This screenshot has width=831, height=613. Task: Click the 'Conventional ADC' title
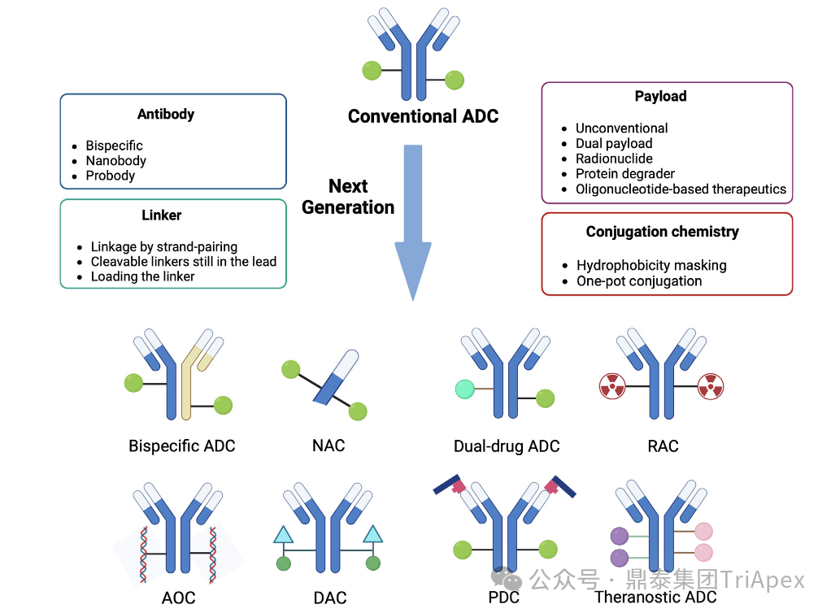coord(423,116)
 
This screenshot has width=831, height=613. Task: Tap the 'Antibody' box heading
coord(166,114)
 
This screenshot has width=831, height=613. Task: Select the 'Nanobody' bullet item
coord(115,160)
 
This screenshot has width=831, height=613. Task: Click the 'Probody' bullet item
coord(111,176)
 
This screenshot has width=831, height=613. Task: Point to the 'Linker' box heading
coord(162,215)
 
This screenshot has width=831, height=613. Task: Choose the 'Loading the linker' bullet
coord(142,276)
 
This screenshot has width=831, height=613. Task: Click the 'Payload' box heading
coord(660,96)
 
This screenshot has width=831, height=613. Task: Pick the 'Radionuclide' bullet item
coord(614,159)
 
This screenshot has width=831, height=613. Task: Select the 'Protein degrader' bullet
coord(625,173)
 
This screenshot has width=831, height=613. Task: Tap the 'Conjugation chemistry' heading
coord(662,232)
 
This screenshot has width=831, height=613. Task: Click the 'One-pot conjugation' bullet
coord(639,281)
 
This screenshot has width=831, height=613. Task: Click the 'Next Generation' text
coord(348,197)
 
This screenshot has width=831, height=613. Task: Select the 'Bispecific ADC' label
coord(181,446)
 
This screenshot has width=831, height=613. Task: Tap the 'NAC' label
coord(328,446)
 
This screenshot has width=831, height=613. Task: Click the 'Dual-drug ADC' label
coord(507,446)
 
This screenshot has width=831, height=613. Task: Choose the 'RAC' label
coord(663,446)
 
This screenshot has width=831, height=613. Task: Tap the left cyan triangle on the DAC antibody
coord(283,534)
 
